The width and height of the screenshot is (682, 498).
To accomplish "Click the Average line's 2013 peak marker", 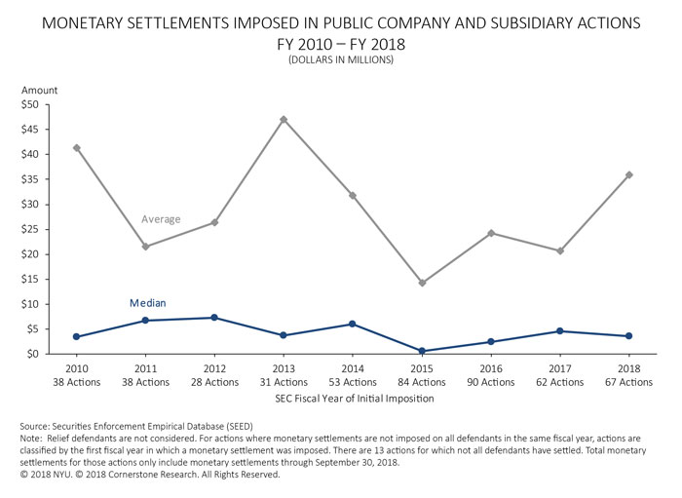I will point(284,120).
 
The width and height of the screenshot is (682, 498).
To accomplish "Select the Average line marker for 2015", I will point(422,283).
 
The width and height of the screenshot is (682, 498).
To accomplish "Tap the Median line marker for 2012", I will point(214,318).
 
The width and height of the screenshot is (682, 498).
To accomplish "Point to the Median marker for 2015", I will point(422,351).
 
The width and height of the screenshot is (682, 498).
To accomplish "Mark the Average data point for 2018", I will point(628,174).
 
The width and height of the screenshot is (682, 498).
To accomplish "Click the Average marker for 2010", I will point(77,148).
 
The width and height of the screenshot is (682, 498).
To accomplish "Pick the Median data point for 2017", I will point(559,331).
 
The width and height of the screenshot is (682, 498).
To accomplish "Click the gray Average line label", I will point(161,219).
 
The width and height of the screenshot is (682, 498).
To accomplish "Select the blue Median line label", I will point(148,303).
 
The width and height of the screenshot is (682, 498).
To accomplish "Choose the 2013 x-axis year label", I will point(284,369).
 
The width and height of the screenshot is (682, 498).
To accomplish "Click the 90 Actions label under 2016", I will point(490,382).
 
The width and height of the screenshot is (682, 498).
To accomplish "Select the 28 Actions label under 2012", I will point(214,382).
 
